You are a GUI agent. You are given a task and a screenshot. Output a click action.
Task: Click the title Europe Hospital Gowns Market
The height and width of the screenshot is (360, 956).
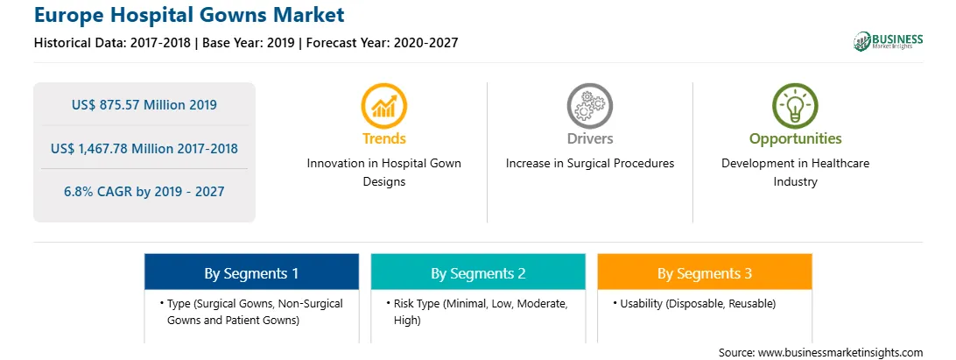[189, 15]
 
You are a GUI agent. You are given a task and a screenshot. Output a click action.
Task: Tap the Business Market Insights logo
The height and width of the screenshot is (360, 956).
[889, 41]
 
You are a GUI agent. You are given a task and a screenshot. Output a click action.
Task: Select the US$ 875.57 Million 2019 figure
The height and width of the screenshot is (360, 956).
[144, 105]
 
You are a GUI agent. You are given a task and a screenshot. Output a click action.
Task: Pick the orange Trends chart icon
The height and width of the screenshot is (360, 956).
[384, 106]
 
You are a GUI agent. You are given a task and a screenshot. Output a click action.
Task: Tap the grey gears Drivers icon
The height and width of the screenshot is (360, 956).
[589, 106]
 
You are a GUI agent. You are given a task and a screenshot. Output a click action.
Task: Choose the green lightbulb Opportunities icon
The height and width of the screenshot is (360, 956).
[795, 106]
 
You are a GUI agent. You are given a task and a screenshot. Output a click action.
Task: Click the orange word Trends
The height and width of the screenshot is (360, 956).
[384, 138]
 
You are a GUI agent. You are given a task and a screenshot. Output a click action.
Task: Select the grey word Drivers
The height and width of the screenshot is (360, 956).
[589, 138]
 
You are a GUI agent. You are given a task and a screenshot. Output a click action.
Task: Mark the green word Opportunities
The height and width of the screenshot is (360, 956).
[795, 139]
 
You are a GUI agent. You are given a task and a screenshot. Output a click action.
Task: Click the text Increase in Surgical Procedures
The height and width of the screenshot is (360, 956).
[589, 164]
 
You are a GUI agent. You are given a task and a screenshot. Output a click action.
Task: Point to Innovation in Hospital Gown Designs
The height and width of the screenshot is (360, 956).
[384, 173]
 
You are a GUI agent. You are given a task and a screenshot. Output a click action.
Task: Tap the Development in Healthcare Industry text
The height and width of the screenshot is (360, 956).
[795, 173]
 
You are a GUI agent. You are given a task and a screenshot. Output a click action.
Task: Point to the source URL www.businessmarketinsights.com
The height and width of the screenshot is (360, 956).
[840, 352]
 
